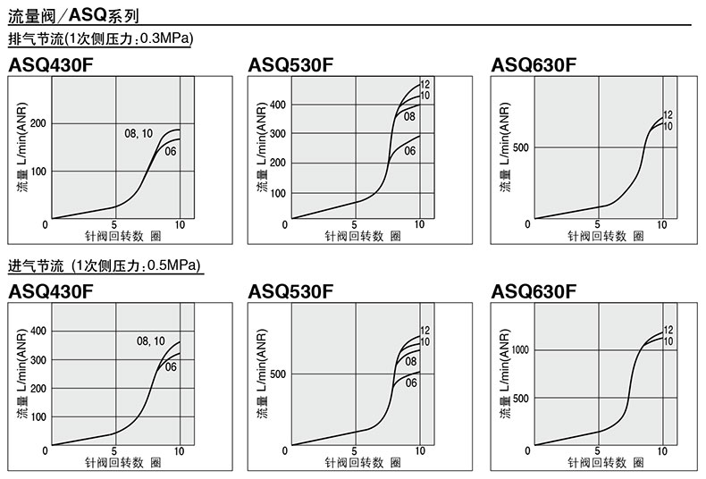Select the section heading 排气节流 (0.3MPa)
point(100,39)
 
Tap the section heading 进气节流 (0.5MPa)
point(104,266)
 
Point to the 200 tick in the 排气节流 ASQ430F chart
point(37,123)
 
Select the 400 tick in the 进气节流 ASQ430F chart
point(37,332)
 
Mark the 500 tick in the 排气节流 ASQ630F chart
point(519,147)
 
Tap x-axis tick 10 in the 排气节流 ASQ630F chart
point(662,225)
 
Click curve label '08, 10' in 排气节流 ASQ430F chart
point(139,134)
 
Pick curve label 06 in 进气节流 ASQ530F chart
point(412,382)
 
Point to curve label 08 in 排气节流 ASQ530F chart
point(409,116)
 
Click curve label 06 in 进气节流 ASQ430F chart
point(171,366)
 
